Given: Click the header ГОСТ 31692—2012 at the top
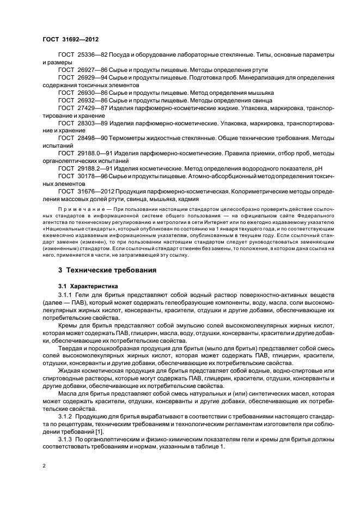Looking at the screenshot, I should pos(70,39).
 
